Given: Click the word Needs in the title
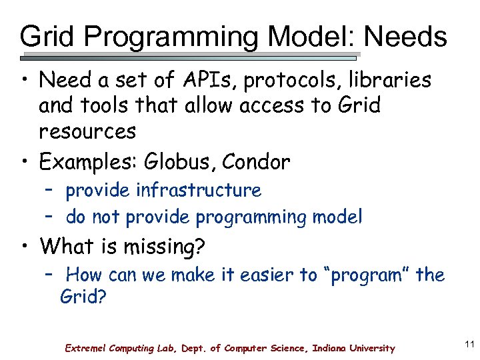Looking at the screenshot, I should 406,37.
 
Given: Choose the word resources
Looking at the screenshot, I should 87,131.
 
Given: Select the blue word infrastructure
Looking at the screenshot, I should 199,190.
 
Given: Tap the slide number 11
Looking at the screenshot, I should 468,345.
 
